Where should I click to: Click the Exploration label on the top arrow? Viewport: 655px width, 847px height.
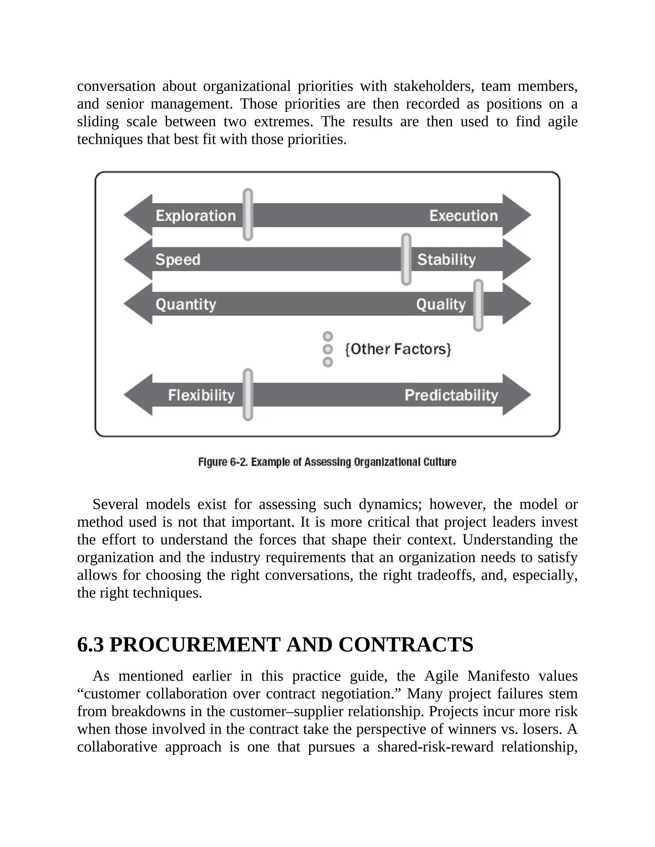[195, 216]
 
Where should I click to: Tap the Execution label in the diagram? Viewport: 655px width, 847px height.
[463, 216]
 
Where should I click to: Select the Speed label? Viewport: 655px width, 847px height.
[178, 260]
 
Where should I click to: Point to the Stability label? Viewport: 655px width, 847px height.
[446, 260]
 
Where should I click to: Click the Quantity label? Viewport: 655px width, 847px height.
[186, 304]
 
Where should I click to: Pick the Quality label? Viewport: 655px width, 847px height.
[441, 304]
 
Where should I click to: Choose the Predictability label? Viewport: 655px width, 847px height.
[451, 395]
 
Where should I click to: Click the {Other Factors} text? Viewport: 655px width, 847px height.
[398, 349]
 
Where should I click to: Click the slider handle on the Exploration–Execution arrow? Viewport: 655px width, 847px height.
[248, 214]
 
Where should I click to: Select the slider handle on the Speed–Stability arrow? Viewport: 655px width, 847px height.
[406, 259]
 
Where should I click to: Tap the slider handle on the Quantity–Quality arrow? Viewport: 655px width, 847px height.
[478, 305]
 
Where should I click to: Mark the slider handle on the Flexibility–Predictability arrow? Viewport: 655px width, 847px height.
[248, 394]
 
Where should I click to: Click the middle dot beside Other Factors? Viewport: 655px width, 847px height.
[328, 349]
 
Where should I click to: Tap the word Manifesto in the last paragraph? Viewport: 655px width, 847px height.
[498, 676]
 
